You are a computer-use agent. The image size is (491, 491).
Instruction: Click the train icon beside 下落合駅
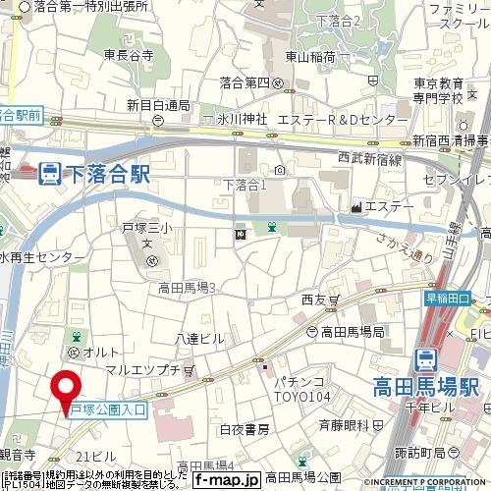tap(47, 175)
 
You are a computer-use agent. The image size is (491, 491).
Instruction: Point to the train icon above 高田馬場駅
tap(425, 358)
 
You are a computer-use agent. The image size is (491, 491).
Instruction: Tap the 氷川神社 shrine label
tap(235, 120)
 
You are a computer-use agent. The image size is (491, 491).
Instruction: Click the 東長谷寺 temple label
tap(128, 56)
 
